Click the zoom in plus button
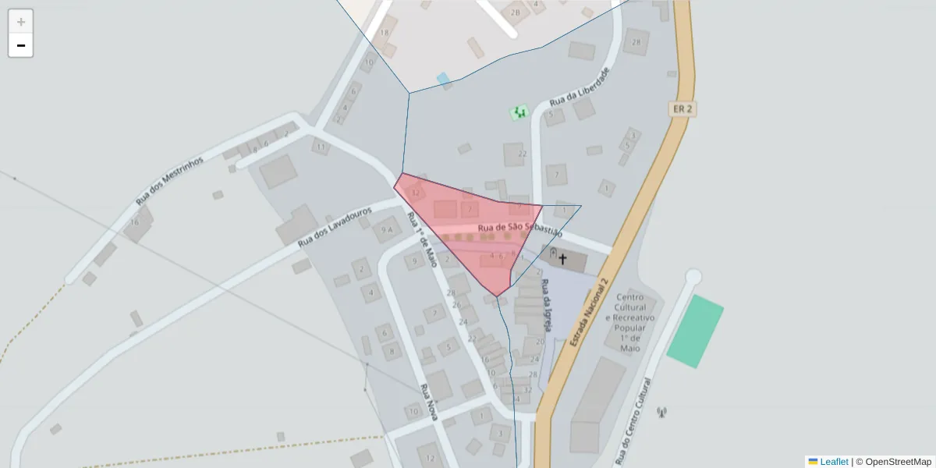point(21,22)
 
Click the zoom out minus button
point(21,45)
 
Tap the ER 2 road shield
point(682,109)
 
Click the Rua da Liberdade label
point(579,87)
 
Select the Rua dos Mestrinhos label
point(169,181)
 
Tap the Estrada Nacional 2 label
point(589,303)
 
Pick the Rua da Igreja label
point(547,304)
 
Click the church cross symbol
point(562,258)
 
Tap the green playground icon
point(519,113)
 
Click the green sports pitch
point(695,331)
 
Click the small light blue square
point(443,79)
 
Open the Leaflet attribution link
point(834,462)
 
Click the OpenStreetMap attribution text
point(898,462)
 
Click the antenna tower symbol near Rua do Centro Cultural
point(662,412)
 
